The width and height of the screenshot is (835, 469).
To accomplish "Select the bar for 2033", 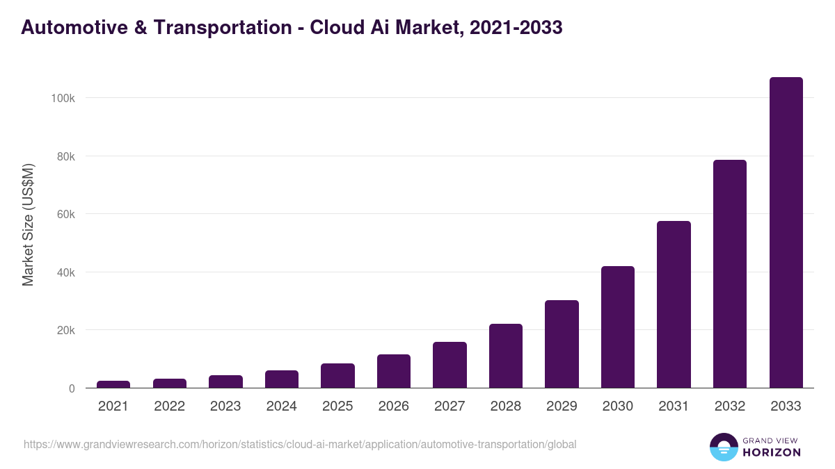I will [786, 233].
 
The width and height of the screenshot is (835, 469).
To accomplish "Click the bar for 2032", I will [730, 274].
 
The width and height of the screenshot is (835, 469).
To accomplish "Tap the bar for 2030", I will [618, 327].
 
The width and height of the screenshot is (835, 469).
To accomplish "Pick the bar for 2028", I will [506, 356].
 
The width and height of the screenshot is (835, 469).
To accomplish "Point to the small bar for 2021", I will [113, 384].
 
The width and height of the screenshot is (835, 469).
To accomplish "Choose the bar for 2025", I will [337, 376].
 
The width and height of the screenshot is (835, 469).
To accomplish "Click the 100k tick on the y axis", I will [63, 98].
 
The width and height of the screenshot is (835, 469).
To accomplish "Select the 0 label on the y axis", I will [72, 388].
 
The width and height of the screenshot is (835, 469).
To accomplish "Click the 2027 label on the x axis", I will [450, 406].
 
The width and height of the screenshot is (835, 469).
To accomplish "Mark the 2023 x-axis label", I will [225, 406].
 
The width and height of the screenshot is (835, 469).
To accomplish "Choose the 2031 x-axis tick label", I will [674, 406].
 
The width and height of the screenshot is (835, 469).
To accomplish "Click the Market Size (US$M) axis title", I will [28, 225].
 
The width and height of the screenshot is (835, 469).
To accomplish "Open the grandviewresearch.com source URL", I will [300, 444].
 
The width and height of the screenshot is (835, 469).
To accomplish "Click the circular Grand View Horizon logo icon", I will [723, 447].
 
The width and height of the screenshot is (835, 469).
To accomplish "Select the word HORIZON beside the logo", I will [772, 452].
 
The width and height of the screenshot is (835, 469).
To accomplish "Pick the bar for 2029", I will [562, 344].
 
